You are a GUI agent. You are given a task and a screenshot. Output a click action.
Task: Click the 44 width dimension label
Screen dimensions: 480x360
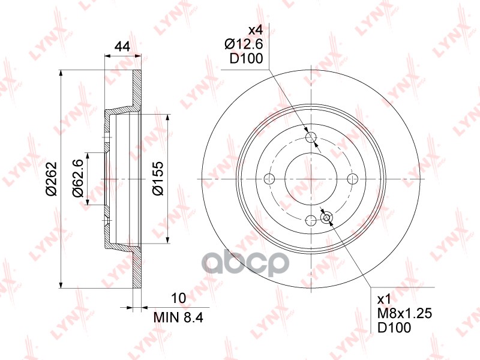(122, 46)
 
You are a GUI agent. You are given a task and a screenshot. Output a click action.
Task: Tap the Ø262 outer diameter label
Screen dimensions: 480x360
(52, 178)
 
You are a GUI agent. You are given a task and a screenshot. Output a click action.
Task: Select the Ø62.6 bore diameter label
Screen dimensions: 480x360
(78, 178)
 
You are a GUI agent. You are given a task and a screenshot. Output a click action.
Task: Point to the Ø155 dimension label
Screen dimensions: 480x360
(158, 178)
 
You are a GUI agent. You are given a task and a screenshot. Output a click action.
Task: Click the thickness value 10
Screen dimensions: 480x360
(179, 298)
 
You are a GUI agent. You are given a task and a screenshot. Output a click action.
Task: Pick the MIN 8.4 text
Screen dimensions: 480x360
(178, 317)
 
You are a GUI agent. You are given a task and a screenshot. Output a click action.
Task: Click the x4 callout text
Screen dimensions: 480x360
(256, 30)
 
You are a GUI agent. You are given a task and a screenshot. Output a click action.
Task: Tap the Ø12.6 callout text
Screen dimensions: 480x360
(244, 44)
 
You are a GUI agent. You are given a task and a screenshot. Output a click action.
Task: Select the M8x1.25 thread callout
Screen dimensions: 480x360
(404, 313)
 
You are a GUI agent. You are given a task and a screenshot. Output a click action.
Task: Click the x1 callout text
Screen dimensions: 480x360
(385, 299)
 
